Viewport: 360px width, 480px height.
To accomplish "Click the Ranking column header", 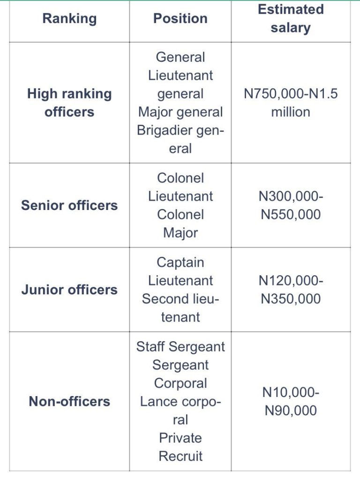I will (x=69, y=19).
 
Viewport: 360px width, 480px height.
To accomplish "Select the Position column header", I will (x=180, y=19).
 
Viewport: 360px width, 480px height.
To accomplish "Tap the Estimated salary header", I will (x=291, y=19).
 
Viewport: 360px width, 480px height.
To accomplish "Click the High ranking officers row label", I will (x=69, y=103).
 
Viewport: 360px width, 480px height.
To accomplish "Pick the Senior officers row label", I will (x=69, y=205).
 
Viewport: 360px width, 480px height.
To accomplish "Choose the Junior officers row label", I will (x=69, y=289).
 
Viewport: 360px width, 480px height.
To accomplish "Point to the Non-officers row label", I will (x=69, y=401).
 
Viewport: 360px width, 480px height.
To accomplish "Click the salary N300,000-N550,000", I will (x=291, y=205).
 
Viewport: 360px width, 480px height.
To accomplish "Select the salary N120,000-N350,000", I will (x=291, y=289).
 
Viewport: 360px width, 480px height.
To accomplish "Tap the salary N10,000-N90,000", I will (x=291, y=401).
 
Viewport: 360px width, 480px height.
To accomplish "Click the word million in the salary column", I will (x=291, y=112).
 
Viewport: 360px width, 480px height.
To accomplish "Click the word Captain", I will (x=180, y=262).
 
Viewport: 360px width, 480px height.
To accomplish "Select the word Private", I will (x=180, y=438).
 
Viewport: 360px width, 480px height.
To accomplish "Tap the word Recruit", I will (x=180, y=456).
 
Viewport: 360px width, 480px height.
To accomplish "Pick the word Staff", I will (x=150, y=346).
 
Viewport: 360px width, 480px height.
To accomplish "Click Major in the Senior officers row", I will (x=180, y=232).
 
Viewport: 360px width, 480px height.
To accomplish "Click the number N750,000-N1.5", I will (x=291, y=94).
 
